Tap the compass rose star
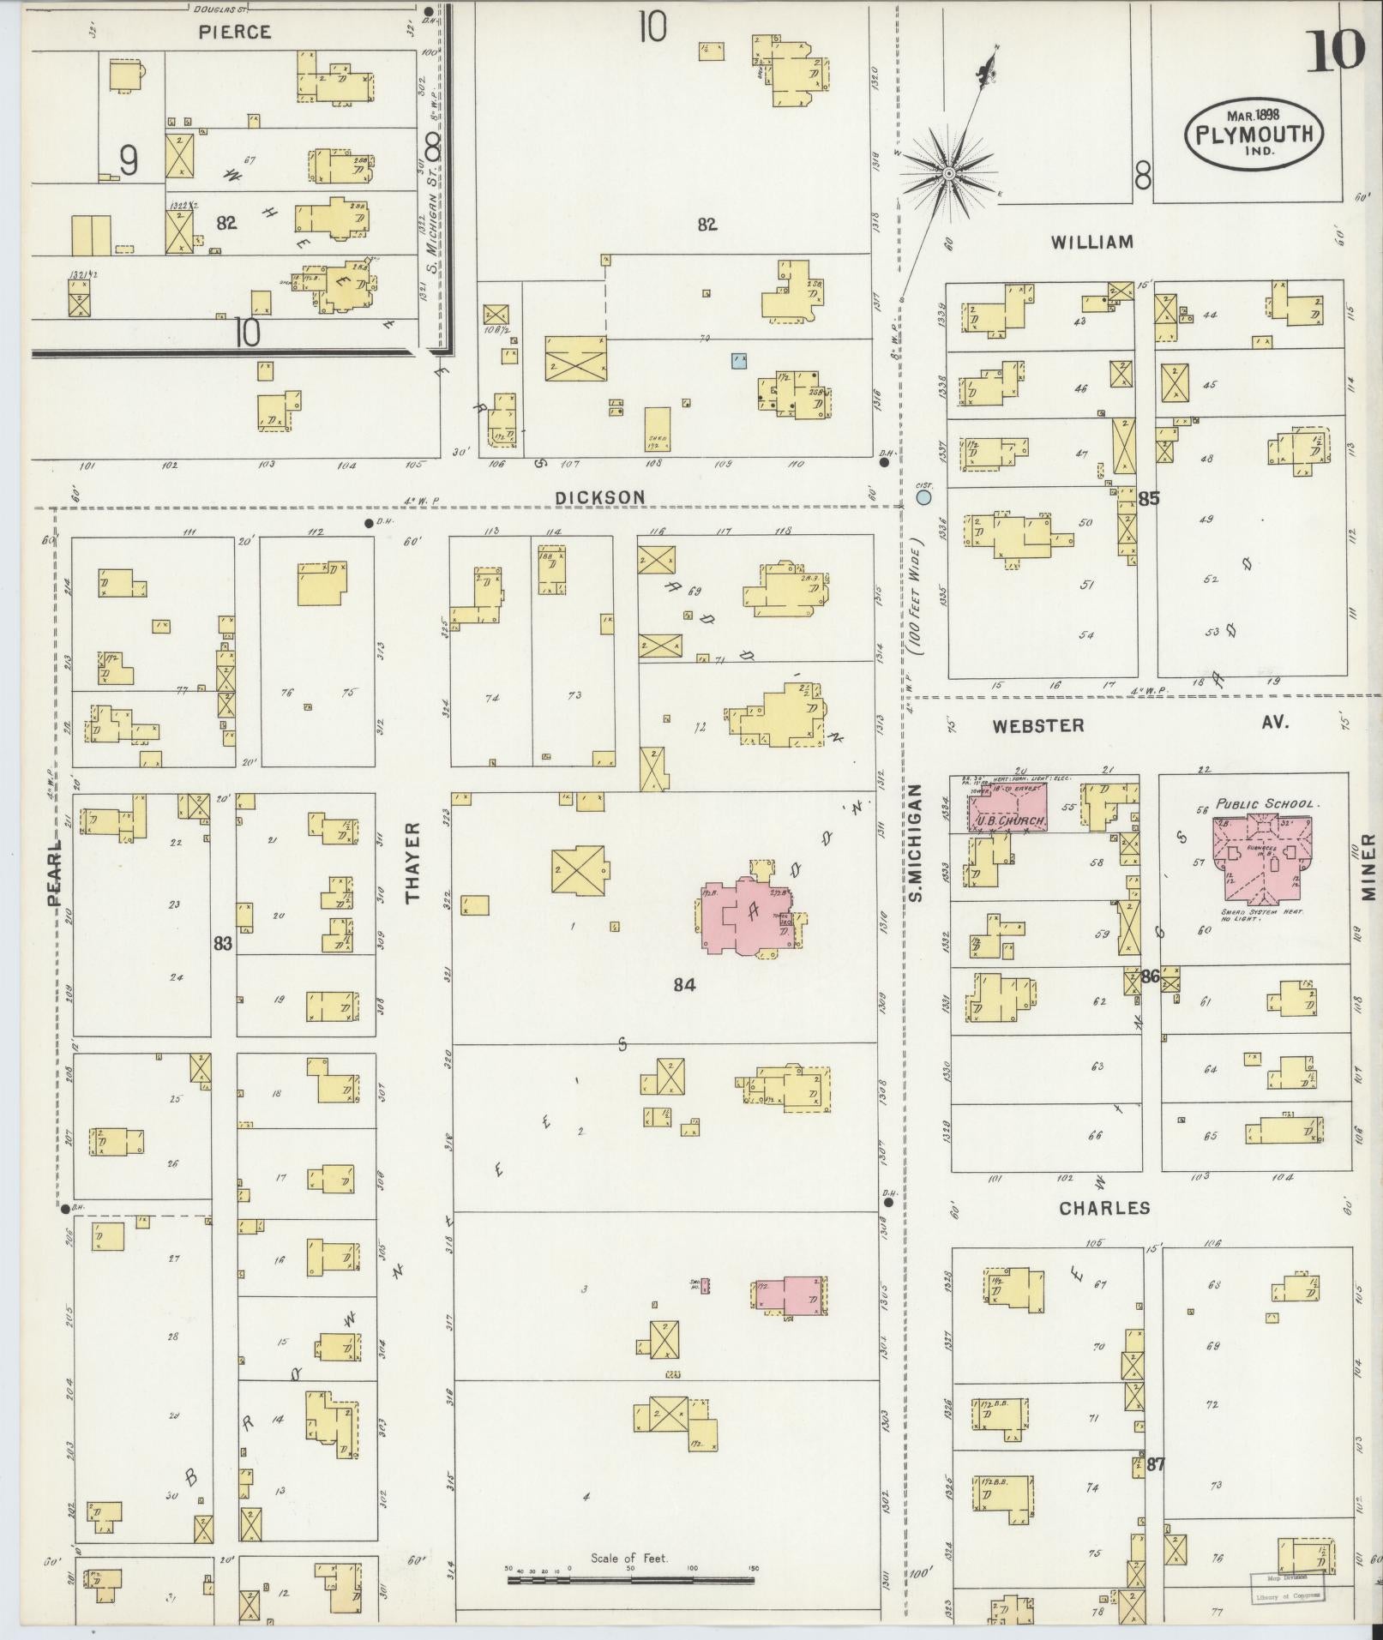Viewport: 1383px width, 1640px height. tap(949, 174)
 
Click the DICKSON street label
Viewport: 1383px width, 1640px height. tap(599, 497)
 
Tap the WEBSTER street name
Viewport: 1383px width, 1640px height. tap(1037, 725)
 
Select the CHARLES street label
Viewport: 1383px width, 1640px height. tap(1103, 1208)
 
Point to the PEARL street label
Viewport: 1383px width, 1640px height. tap(55, 872)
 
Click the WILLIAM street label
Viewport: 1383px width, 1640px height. tap(1091, 243)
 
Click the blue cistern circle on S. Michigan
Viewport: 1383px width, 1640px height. tap(923, 496)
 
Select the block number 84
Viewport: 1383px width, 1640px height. tap(683, 985)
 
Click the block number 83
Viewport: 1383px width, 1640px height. tap(223, 944)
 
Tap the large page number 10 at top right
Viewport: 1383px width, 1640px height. tap(1335, 51)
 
